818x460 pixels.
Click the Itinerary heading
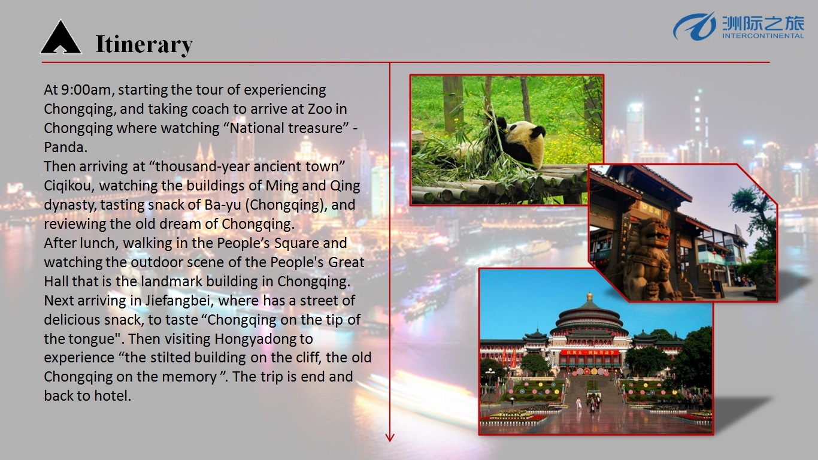pos(144,44)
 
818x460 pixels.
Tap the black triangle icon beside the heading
pos(60,37)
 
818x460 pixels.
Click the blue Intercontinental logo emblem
pos(694,26)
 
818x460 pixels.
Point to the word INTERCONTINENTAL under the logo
pos(763,36)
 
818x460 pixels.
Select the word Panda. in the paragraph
pos(66,147)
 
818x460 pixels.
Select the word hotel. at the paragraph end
pos(113,396)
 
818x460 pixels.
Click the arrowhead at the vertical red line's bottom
pos(390,437)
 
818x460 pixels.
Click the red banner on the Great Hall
pos(589,353)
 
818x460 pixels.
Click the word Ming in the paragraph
pos(281,186)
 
